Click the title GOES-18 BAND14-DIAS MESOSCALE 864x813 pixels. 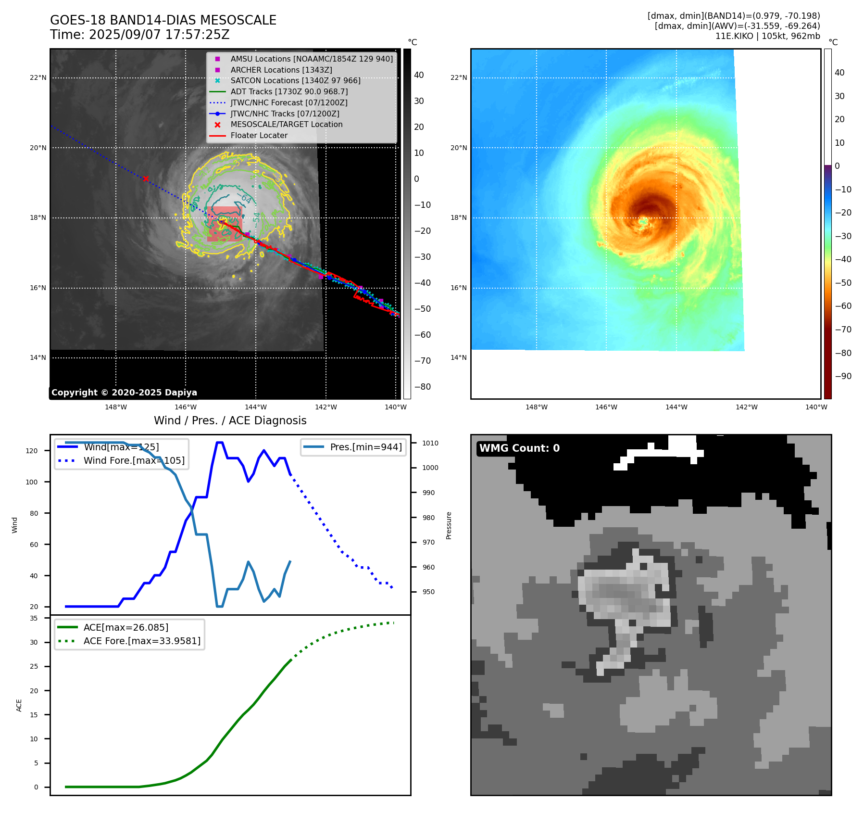163,20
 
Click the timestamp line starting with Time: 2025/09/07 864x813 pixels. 139,35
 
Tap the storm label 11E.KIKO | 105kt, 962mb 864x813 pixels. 767,36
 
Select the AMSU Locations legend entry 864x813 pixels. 311,59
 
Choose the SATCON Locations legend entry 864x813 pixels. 295,81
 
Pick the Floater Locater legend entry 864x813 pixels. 259,136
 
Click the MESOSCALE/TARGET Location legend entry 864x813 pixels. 286,125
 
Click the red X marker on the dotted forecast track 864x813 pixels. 146,178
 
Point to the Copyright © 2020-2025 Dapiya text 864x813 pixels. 124,393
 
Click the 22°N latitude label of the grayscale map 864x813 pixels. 38,78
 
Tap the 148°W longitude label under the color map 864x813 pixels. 536,407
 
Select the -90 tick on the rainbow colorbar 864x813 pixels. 843,376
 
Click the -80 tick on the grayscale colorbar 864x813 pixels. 423,387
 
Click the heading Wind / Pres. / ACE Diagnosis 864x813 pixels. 230,420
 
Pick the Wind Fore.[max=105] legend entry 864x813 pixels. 134,460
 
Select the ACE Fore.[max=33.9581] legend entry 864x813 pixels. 142,641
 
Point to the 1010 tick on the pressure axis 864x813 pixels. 430,443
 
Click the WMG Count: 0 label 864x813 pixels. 519,448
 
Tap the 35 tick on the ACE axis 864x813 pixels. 34,618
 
